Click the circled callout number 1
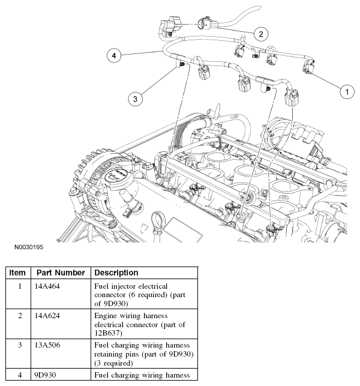point(346,92)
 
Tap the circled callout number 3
point(137,98)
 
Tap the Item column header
point(19,273)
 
